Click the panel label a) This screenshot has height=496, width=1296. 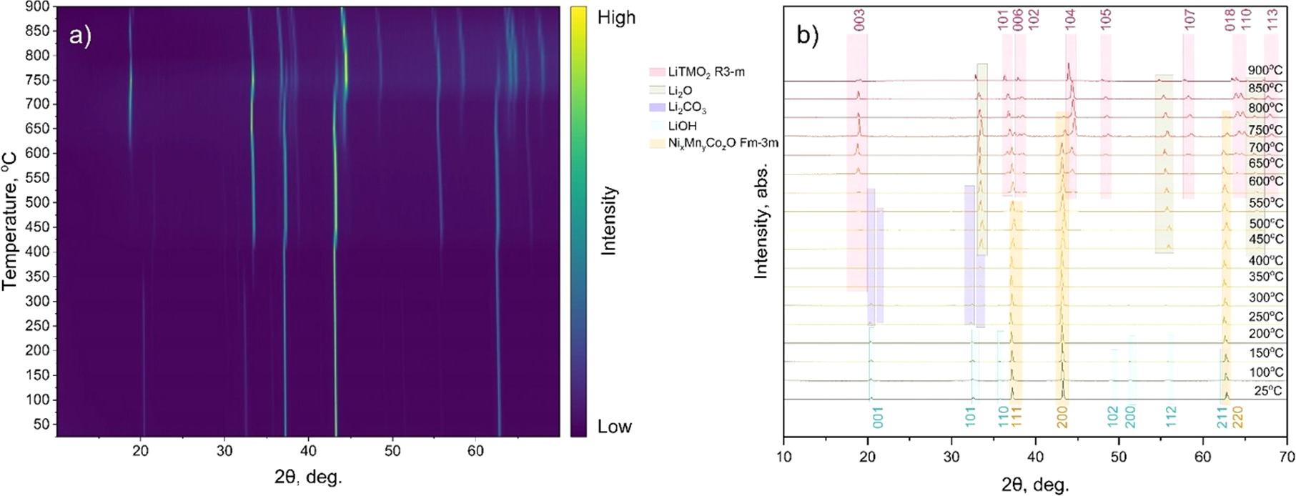click(80, 35)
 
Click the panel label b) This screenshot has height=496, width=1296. click(807, 35)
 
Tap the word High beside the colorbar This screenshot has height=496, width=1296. click(615, 17)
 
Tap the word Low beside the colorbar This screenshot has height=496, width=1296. click(614, 427)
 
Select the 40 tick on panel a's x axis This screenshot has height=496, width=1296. click(308, 451)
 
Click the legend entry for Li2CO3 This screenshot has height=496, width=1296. click(687, 108)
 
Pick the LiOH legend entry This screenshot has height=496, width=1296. click(682, 126)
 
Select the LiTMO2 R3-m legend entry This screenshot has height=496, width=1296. click(706, 72)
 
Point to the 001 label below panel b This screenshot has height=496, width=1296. click(878, 417)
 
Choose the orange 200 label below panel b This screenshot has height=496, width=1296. click(1062, 417)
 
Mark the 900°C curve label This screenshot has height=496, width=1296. click(1265, 70)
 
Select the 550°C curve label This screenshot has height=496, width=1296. click(1266, 202)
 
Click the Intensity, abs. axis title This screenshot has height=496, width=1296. click(762, 221)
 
